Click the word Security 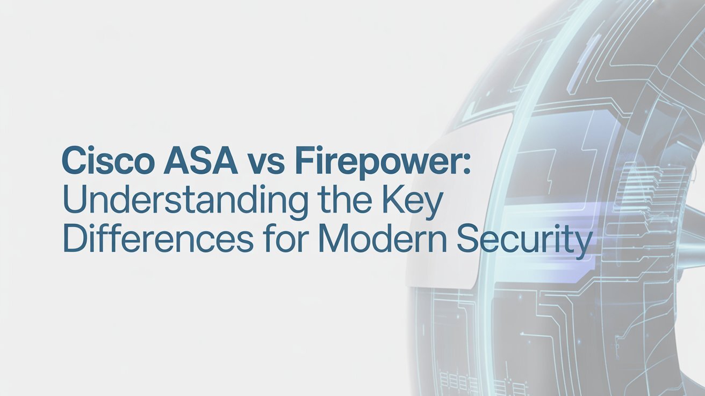click(523, 239)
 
